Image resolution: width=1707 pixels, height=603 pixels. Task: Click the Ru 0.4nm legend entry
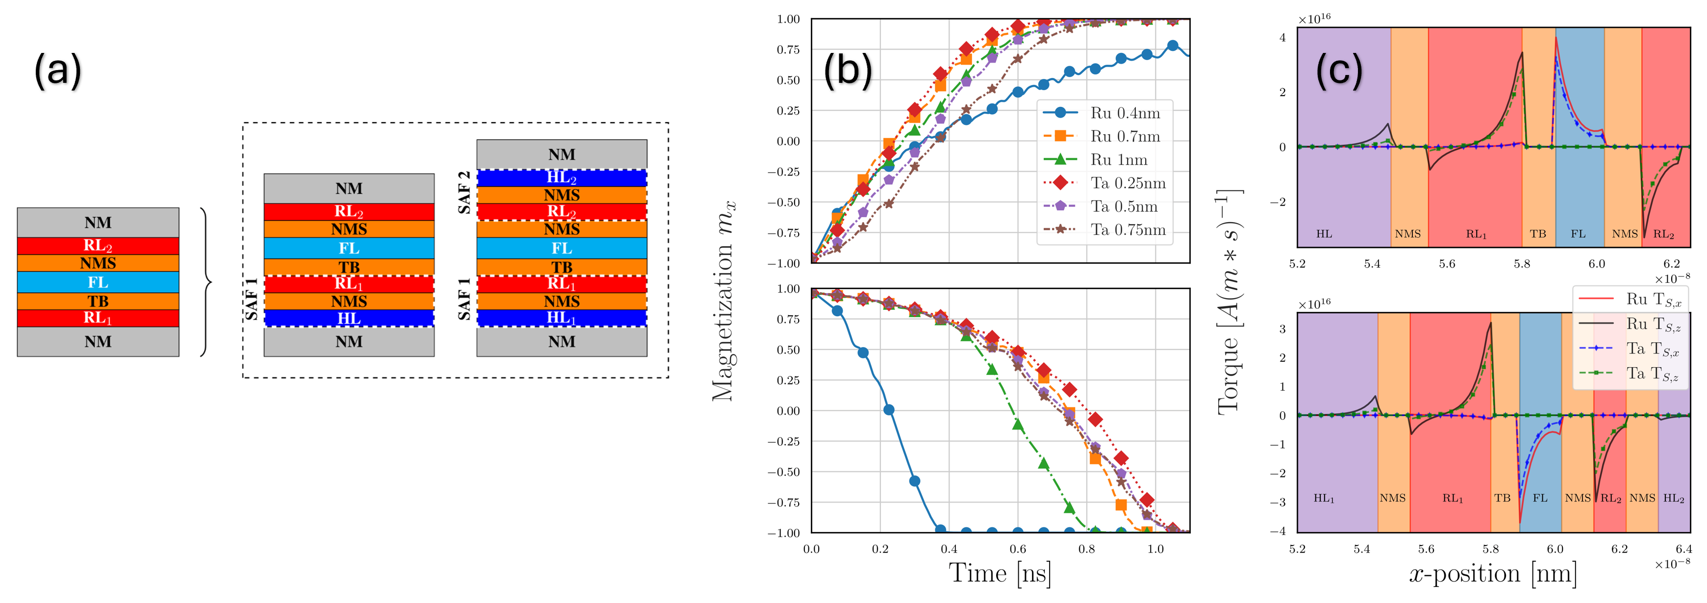click(1125, 113)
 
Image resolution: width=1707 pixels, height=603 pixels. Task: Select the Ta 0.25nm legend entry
click(1128, 183)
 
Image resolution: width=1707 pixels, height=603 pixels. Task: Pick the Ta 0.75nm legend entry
click(1128, 230)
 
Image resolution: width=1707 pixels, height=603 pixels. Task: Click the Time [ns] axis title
click(999, 573)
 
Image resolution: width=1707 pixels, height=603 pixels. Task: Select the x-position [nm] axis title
click(1492, 573)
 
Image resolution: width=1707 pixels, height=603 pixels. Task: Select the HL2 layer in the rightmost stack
click(561, 177)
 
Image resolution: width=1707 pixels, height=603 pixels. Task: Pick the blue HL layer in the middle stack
click(349, 319)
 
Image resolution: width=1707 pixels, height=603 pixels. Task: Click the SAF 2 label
click(465, 192)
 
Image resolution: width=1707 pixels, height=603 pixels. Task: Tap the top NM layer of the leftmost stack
click(98, 223)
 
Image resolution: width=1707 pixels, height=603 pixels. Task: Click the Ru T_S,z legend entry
click(1654, 324)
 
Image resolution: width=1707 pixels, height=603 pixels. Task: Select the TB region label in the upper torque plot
click(1537, 234)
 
